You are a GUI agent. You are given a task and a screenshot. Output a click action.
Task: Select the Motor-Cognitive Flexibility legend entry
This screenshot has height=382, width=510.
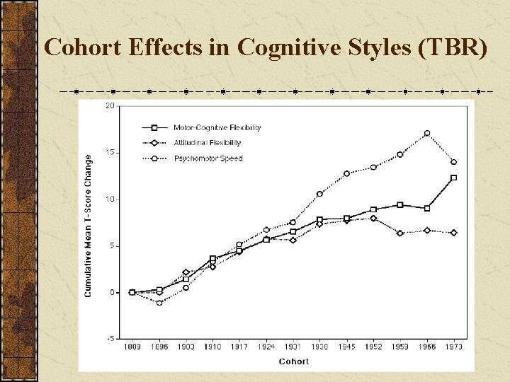217,128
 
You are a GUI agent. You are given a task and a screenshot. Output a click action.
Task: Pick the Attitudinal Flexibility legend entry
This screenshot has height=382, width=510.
207,143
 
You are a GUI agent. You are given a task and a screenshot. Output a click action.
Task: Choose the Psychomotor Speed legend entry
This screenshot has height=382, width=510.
208,158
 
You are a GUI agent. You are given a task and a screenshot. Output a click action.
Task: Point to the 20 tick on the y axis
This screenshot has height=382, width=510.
110,106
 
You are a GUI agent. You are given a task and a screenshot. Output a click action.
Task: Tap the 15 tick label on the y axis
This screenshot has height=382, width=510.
110,153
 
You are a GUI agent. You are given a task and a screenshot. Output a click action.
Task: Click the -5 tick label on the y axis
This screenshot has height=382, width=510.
110,339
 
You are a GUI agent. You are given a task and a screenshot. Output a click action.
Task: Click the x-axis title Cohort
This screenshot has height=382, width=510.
293,361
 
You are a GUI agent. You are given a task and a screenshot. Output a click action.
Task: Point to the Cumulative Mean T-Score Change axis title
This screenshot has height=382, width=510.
89,226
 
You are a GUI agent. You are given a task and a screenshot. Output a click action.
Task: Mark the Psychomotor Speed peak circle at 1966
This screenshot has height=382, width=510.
427,133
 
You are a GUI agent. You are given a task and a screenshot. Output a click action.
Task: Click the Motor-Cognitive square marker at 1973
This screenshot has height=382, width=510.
454,178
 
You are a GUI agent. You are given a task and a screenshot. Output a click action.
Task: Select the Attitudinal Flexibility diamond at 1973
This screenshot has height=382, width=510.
454,233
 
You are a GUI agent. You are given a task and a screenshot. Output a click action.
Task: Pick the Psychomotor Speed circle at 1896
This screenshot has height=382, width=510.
159,302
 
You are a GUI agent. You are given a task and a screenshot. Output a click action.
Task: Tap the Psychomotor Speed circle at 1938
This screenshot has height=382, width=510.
319,194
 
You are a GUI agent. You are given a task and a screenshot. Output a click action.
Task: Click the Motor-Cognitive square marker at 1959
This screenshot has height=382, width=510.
400,205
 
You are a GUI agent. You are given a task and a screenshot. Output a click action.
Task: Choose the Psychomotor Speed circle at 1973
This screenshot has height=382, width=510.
454,162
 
